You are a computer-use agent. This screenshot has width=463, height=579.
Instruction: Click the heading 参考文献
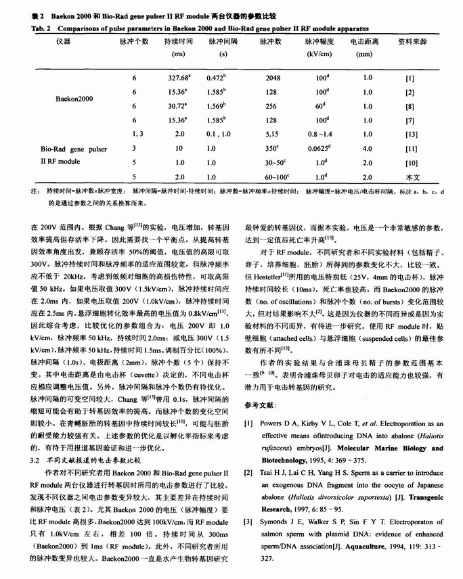coord(261,404)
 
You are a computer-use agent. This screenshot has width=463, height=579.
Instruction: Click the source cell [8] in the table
coord(410,106)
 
